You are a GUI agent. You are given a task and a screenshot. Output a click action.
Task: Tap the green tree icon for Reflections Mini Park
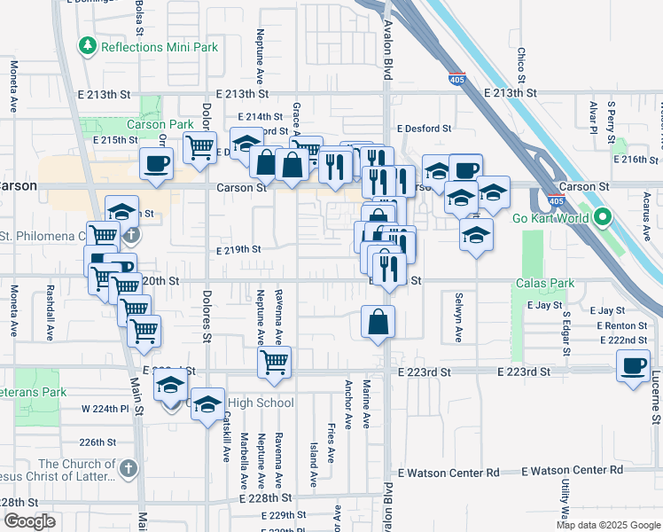pos(87,44)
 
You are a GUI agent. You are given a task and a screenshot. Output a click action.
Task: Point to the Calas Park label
pos(545,284)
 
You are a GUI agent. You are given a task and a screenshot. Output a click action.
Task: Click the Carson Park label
pos(160,125)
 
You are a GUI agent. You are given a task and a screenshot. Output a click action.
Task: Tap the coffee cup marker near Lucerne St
pos(633,366)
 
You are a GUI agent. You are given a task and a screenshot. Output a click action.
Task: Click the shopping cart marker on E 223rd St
pos(275,362)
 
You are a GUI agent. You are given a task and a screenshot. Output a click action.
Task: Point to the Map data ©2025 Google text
pos(608,525)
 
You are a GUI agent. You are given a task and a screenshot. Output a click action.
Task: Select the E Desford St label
pos(424,129)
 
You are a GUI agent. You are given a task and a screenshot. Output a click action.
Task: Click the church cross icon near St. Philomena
pos(131,236)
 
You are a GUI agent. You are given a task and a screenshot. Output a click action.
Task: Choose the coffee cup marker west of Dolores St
pos(156,164)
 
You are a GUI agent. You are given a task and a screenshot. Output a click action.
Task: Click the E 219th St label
pos(238,250)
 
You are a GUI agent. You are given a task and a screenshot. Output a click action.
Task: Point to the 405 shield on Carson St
pos(556,200)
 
